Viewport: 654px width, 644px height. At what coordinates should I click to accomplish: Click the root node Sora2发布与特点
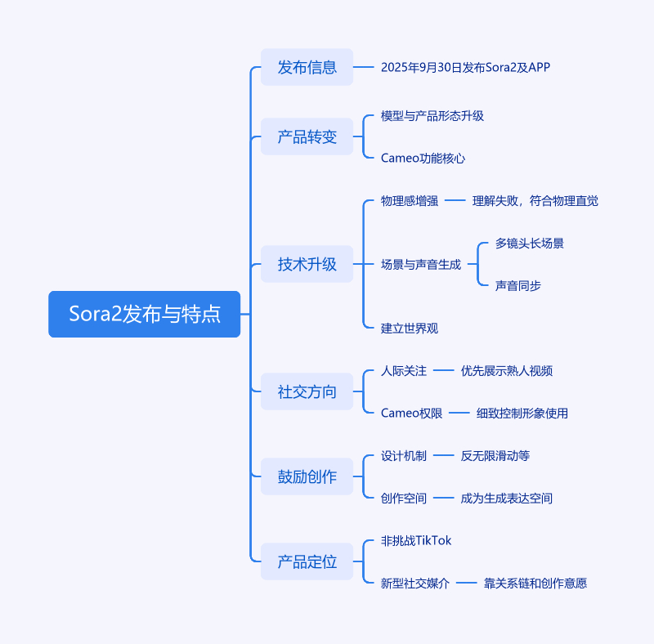click(145, 314)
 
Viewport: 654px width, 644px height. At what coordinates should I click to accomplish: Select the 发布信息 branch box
click(307, 67)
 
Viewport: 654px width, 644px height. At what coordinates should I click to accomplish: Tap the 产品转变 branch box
click(307, 136)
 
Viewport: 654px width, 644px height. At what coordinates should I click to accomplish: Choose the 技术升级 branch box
click(307, 264)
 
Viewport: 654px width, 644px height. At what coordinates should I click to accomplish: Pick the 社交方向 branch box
click(307, 391)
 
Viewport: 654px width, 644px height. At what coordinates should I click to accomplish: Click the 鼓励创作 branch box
click(307, 476)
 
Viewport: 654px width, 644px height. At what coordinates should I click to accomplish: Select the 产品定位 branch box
click(307, 561)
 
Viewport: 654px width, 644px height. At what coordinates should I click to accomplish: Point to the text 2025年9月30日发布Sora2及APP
click(465, 67)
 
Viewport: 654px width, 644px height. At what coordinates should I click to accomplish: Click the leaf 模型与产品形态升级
click(432, 116)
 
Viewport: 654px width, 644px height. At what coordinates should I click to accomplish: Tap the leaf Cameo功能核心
click(423, 159)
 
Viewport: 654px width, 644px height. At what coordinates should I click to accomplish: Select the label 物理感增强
click(410, 201)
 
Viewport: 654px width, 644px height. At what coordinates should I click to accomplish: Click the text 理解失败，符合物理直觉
click(535, 201)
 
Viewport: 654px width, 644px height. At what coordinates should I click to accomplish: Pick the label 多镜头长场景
click(529, 244)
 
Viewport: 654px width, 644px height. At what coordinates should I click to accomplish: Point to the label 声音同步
click(517, 286)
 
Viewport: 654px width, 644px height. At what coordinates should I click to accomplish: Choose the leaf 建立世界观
click(410, 329)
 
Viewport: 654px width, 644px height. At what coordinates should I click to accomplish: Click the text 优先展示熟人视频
click(506, 371)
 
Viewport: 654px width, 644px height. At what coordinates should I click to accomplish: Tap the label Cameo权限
click(411, 414)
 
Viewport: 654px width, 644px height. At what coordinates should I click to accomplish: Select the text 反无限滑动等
click(495, 456)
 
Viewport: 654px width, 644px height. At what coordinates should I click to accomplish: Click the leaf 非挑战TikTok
click(416, 541)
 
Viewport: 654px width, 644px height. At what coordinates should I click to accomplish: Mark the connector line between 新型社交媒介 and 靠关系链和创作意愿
click(466, 584)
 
